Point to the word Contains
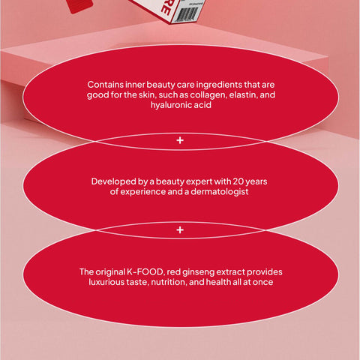(x=105, y=85)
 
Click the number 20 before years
(x=238, y=181)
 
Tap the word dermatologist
(x=220, y=192)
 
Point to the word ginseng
(x=198, y=272)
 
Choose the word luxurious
(x=106, y=282)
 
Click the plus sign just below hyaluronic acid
(x=180, y=140)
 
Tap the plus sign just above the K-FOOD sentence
(x=180, y=230)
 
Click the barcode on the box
(x=186, y=14)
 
